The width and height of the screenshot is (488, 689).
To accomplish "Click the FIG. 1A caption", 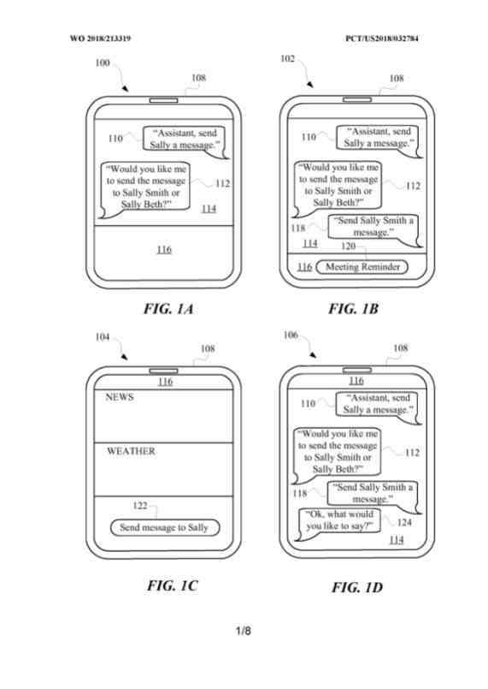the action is (x=168, y=309).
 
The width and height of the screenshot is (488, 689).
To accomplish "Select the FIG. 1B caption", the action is (x=353, y=308).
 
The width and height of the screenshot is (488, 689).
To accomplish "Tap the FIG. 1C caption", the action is (x=173, y=585).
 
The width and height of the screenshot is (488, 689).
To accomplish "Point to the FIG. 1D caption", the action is (x=357, y=587).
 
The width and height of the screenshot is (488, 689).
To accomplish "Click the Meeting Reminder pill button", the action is (x=362, y=267).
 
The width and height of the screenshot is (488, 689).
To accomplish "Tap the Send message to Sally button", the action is (x=164, y=527).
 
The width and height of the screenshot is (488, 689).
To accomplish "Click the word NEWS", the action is (x=120, y=397).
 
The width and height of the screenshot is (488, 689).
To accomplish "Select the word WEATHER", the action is (x=131, y=451).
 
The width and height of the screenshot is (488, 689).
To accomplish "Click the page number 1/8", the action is (x=244, y=631).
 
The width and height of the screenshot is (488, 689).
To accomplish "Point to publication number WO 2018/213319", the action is (x=100, y=39).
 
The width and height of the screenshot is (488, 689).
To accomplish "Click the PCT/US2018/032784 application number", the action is (x=382, y=39).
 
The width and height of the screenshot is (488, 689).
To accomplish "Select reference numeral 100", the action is (x=103, y=62).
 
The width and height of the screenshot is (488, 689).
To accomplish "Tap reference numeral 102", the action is (x=287, y=58).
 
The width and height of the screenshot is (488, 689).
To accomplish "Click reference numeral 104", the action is (x=103, y=337).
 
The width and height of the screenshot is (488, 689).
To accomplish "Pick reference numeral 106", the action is (x=291, y=336).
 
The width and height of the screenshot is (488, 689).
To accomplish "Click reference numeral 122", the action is (x=140, y=505).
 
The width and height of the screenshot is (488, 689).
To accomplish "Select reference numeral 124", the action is (x=404, y=522).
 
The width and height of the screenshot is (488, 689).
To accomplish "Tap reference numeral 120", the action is (x=348, y=246).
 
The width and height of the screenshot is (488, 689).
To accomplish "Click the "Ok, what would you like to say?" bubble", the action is (x=339, y=522).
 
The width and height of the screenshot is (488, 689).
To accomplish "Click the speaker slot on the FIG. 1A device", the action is (x=164, y=101).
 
